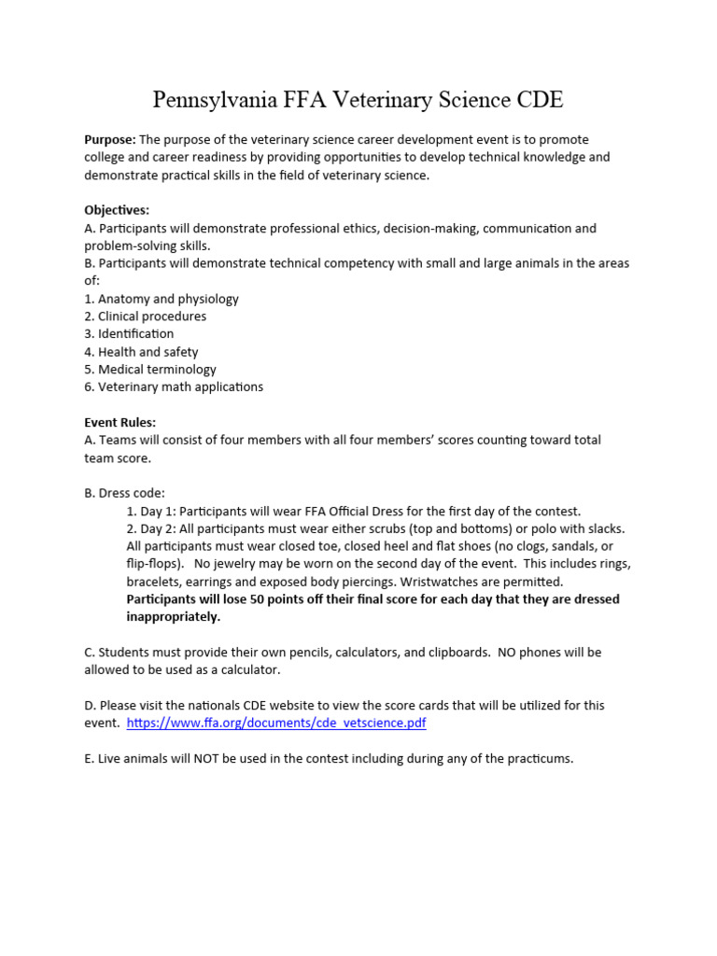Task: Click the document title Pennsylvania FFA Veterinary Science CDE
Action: click(358, 100)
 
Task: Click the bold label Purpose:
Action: click(109, 139)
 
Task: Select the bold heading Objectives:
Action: click(117, 210)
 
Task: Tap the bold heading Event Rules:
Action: click(119, 422)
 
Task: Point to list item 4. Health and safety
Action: click(141, 352)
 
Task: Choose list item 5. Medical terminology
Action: click(150, 369)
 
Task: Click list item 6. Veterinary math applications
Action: click(174, 387)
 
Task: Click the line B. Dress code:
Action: click(124, 493)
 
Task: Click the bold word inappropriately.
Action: click(174, 616)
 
